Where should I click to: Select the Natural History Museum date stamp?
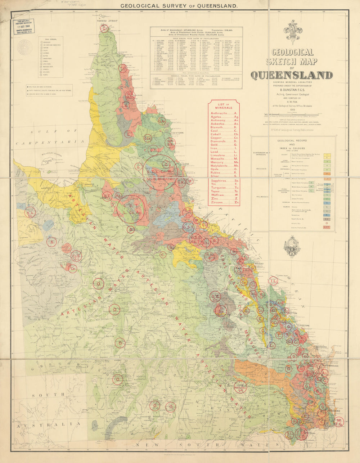point(24,27)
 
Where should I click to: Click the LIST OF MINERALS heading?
point(224,105)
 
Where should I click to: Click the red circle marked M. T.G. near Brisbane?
point(339,422)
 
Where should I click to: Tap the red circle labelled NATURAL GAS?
point(241,387)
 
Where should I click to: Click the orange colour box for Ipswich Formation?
point(327,174)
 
